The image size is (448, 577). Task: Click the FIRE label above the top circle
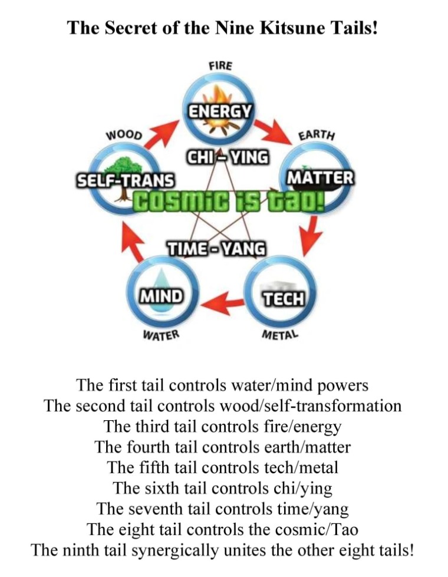tap(220, 65)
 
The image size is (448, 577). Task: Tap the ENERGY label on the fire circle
tap(220, 110)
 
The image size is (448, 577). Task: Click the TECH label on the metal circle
tap(283, 299)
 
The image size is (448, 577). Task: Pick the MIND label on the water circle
tap(160, 295)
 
